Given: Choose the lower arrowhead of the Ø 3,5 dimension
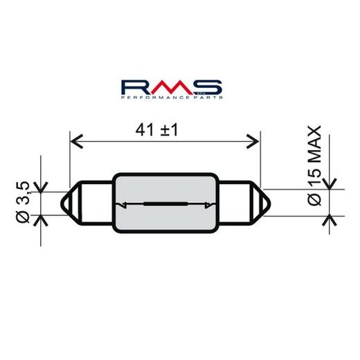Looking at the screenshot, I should pos(42,220).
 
